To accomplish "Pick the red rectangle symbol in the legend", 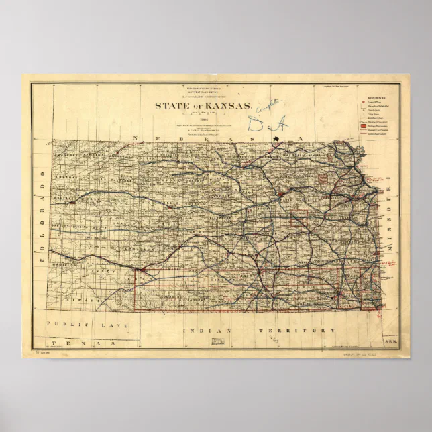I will point(362,125).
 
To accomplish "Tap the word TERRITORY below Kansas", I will point(300,331).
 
